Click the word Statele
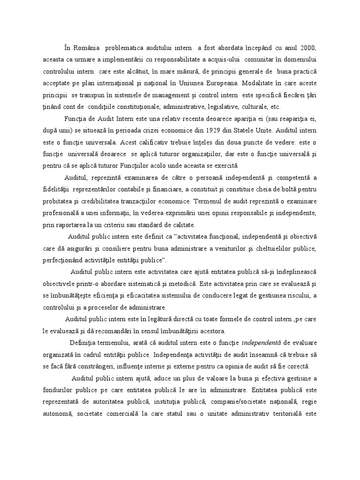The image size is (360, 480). pyautogui.click(x=241, y=154)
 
